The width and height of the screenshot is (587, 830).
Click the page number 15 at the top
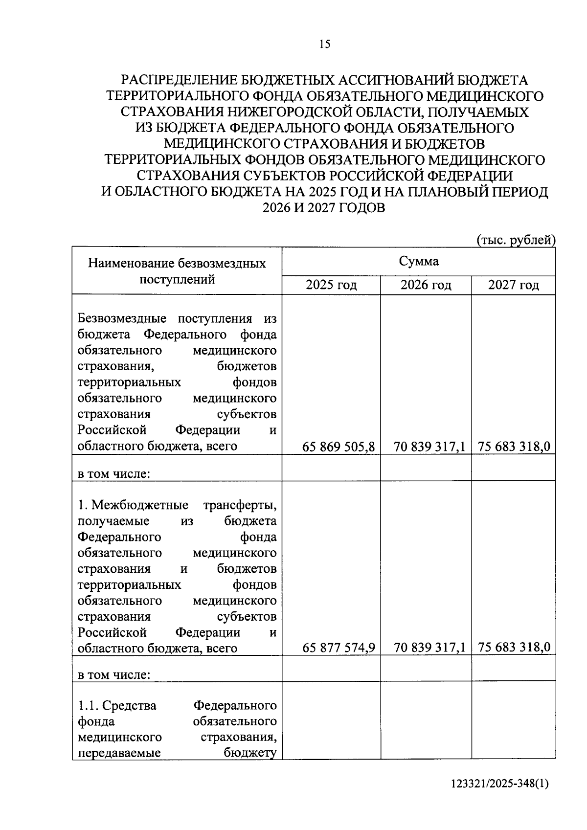coord(324,45)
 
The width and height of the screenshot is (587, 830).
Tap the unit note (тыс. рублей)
coord(516,240)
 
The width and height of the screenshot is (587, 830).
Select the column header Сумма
coord(419,261)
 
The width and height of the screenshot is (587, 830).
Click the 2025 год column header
coord(331,285)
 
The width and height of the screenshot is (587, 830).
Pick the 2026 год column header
coord(426,285)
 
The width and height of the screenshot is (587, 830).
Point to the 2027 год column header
coord(513,285)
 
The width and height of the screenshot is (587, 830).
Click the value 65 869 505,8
coord(339,447)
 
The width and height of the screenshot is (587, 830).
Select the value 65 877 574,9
coord(339,648)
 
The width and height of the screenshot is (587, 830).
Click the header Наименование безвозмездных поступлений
coord(177,271)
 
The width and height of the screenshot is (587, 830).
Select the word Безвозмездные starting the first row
coord(122,319)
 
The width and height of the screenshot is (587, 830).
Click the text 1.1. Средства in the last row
coord(117,705)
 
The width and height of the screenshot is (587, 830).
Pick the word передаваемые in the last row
coord(119,753)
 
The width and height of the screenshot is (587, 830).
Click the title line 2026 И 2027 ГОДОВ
coord(324,208)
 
